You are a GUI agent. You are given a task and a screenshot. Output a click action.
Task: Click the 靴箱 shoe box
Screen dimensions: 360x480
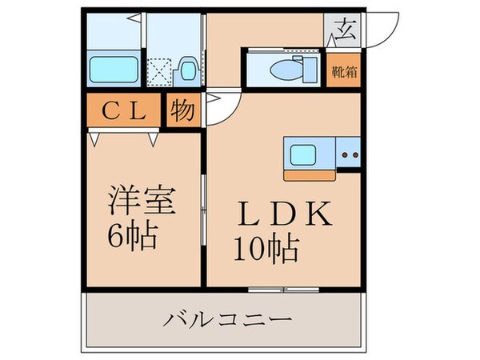coord(344,70)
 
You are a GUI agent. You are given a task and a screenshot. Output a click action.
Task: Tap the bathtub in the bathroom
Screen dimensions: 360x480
coord(114,67)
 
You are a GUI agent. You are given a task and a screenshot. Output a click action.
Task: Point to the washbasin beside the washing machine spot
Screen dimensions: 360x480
coord(188,69)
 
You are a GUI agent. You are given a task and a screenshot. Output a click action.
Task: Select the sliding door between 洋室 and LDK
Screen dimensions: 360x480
coord(203,208)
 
